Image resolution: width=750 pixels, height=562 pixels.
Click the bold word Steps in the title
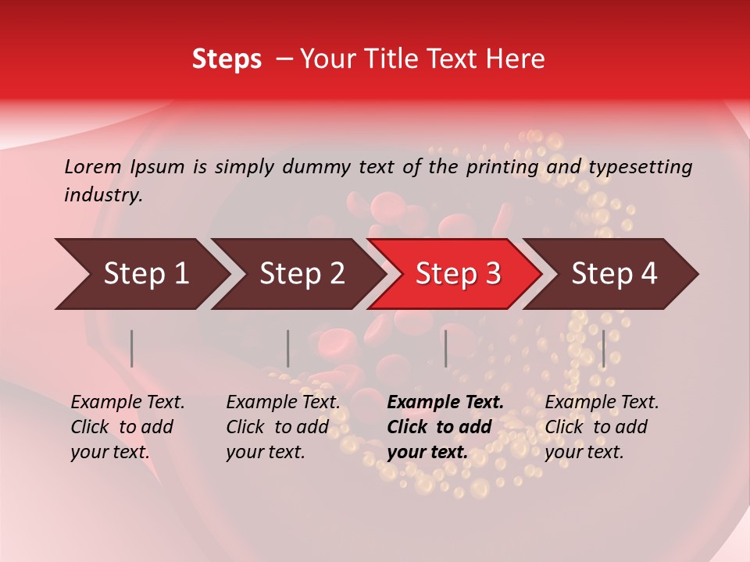point(227,59)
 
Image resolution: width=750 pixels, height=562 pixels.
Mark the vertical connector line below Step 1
point(132,348)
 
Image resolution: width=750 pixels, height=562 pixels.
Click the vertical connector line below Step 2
point(288,348)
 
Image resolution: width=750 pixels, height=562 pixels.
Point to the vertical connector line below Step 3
point(445,348)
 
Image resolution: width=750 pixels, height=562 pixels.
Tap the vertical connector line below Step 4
point(603,348)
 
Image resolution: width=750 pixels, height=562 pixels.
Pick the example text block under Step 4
point(602,427)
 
